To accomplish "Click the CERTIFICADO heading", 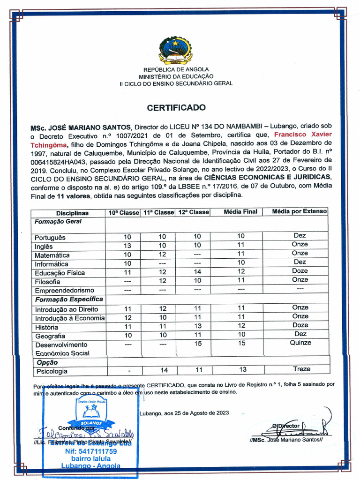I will coord(176,107).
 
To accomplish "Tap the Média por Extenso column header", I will coord(300,212).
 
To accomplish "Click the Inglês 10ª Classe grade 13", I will coord(127,246).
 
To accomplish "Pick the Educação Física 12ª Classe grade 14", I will coord(197,272).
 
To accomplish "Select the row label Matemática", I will coord(52,255).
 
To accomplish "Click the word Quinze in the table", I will coord(300,343).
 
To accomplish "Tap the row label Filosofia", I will coord(47,282).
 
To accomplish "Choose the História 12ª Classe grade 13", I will coord(197,326).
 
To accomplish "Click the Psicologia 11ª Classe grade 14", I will coord(164,370).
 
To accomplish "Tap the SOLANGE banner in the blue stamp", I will coord(90,421).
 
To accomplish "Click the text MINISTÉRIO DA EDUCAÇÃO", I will coord(176,76).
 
